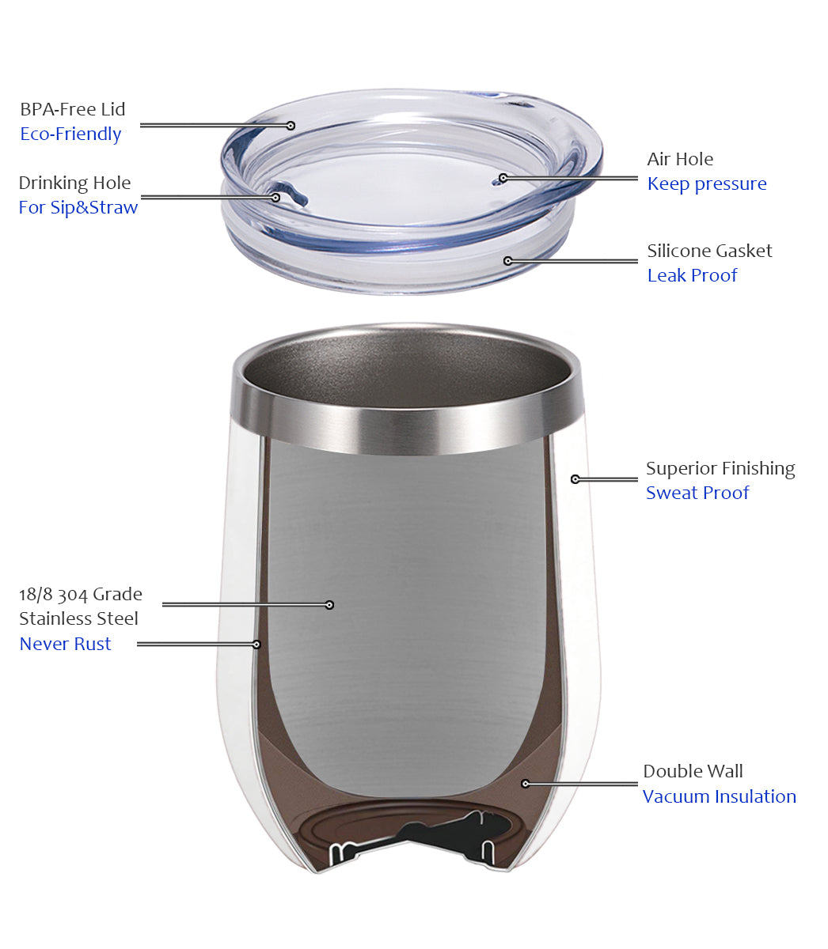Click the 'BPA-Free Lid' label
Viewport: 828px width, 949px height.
pyautogui.click(x=72, y=109)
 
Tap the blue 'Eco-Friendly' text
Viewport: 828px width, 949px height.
pyautogui.click(x=70, y=134)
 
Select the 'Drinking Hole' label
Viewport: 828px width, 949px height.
pyautogui.click(x=74, y=183)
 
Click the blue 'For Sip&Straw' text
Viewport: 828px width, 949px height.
pyautogui.click(x=78, y=207)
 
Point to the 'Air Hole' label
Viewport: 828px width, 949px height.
pyautogui.click(x=680, y=159)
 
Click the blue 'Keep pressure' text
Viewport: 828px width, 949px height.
pyautogui.click(x=707, y=184)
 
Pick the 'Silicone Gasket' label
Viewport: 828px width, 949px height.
pyautogui.click(x=709, y=251)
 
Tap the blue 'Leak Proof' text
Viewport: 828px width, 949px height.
pyautogui.click(x=692, y=275)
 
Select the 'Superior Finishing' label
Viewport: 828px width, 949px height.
pyautogui.click(x=720, y=468)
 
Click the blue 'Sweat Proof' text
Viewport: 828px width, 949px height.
pyautogui.click(x=697, y=493)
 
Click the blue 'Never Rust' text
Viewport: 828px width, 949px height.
pyautogui.click(x=65, y=644)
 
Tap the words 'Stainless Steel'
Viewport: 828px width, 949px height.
pyautogui.click(x=78, y=618)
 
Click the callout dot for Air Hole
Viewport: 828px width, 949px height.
pyautogui.click(x=503, y=178)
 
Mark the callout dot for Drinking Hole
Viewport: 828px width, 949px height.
pyautogui.click(x=275, y=198)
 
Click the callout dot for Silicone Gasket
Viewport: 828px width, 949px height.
pyautogui.click(x=508, y=261)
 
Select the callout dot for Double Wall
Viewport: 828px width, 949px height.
pyautogui.click(x=526, y=784)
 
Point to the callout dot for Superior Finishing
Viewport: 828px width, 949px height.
pyautogui.click(x=575, y=479)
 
